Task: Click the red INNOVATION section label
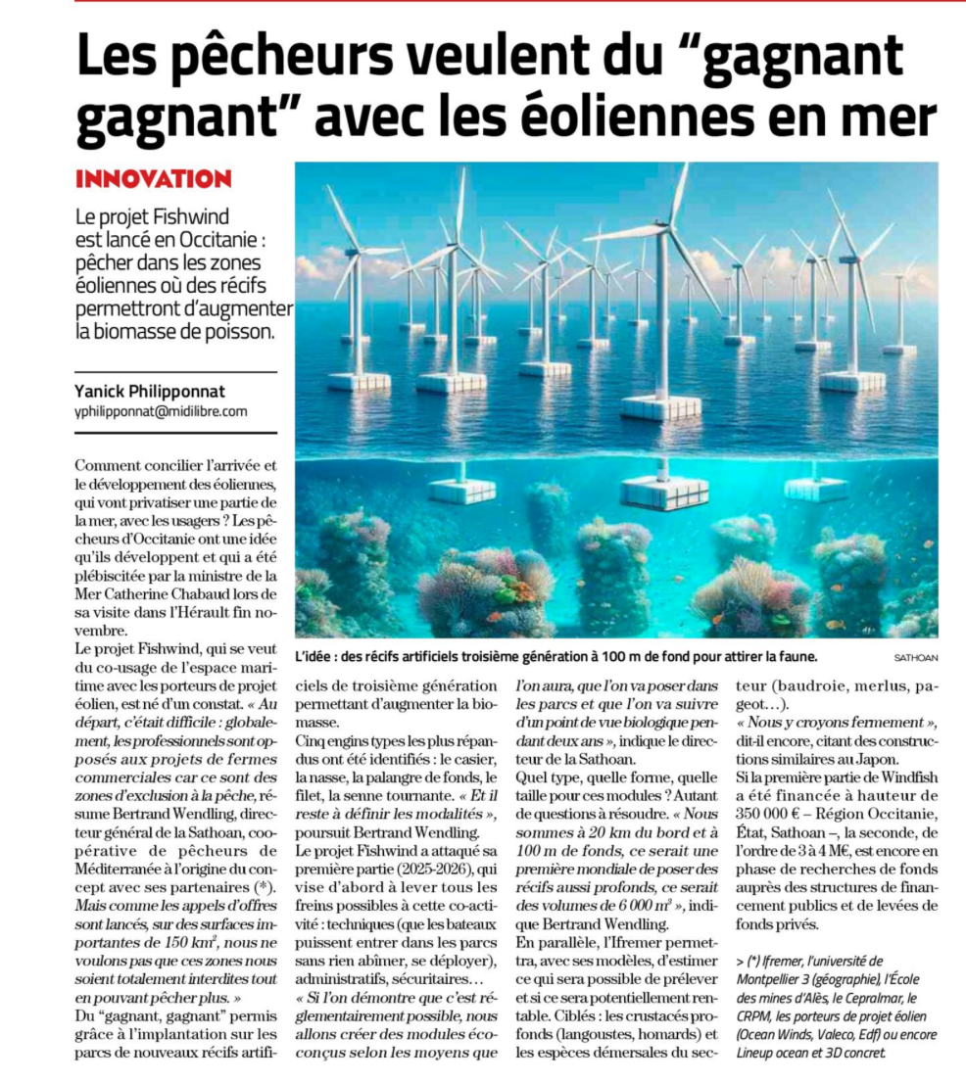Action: click(x=153, y=179)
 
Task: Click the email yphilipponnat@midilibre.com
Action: click(x=161, y=411)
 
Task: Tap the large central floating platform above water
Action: click(x=660, y=404)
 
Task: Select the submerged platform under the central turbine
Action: click(x=664, y=492)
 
